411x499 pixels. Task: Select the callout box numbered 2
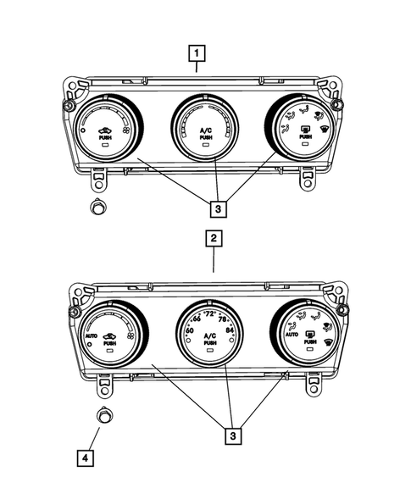(214, 240)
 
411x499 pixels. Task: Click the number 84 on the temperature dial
(230, 331)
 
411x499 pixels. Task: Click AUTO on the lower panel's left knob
(92, 336)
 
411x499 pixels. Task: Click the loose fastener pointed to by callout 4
(105, 415)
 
